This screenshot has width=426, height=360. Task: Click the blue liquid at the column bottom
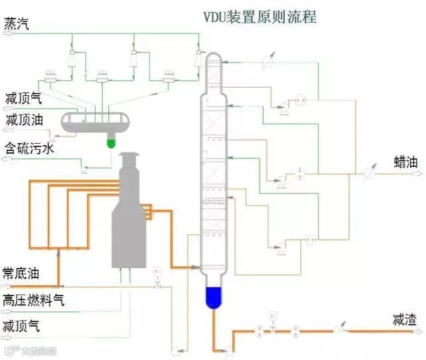[x=214, y=297]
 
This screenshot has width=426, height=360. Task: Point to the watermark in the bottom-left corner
[x=30, y=350]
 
